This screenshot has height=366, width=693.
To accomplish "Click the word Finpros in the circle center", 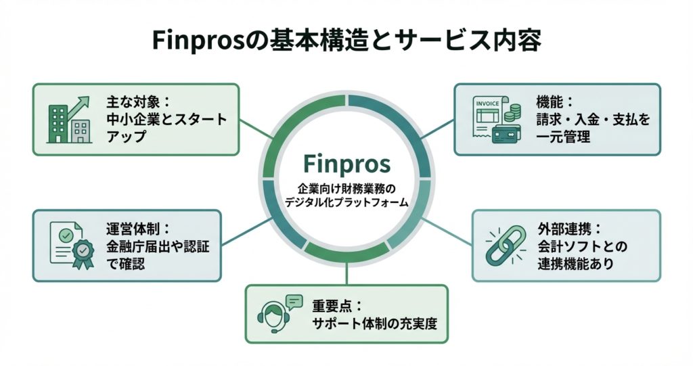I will pos(346,164).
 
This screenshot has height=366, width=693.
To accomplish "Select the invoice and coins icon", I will pos(495,119).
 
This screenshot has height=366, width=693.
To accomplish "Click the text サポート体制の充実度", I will pos(374,323).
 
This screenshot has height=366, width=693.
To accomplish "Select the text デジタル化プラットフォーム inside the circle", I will pos(346,201).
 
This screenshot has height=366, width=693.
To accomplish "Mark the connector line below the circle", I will pos(347,273).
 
